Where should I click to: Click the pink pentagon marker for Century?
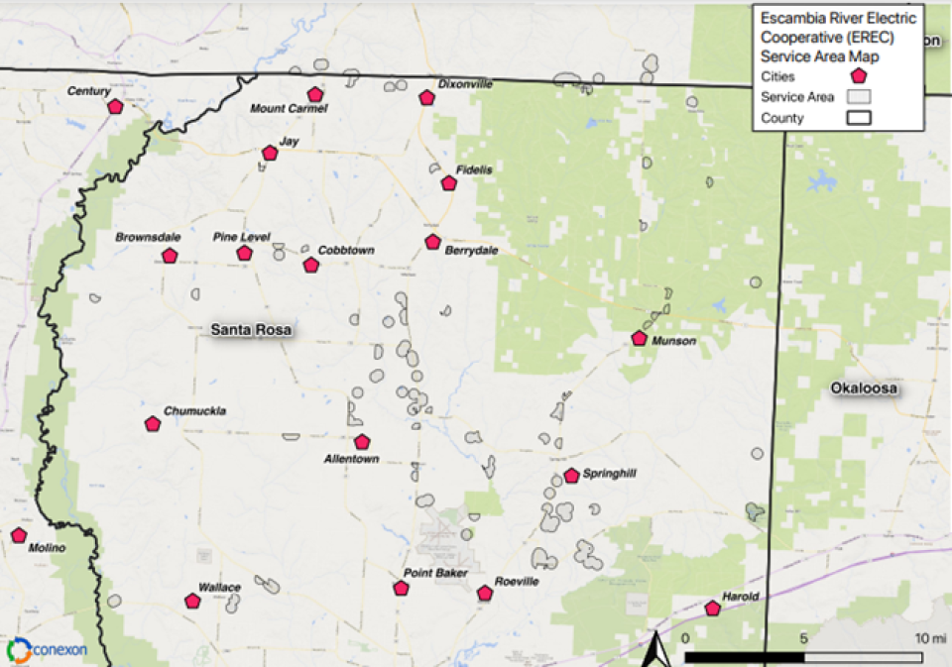(x=115, y=106)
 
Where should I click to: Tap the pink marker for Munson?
(x=640, y=338)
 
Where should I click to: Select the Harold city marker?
(x=712, y=609)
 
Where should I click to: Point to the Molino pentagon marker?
(x=19, y=535)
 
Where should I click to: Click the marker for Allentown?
(x=362, y=442)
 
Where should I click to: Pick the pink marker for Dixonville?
(x=426, y=97)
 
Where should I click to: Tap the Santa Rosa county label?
(x=251, y=330)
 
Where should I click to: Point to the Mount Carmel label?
(x=289, y=109)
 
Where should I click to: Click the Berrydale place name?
(x=471, y=251)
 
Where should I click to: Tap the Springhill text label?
(x=609, y=474)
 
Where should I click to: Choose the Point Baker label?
(x=429, y=574)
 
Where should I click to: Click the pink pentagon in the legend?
(x=859, y=75)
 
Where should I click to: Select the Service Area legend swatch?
(x=859, y=97)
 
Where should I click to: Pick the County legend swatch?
(x=859, y=118)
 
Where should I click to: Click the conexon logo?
(x=47, y=650)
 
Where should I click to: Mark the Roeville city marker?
(x=485, y=594)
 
